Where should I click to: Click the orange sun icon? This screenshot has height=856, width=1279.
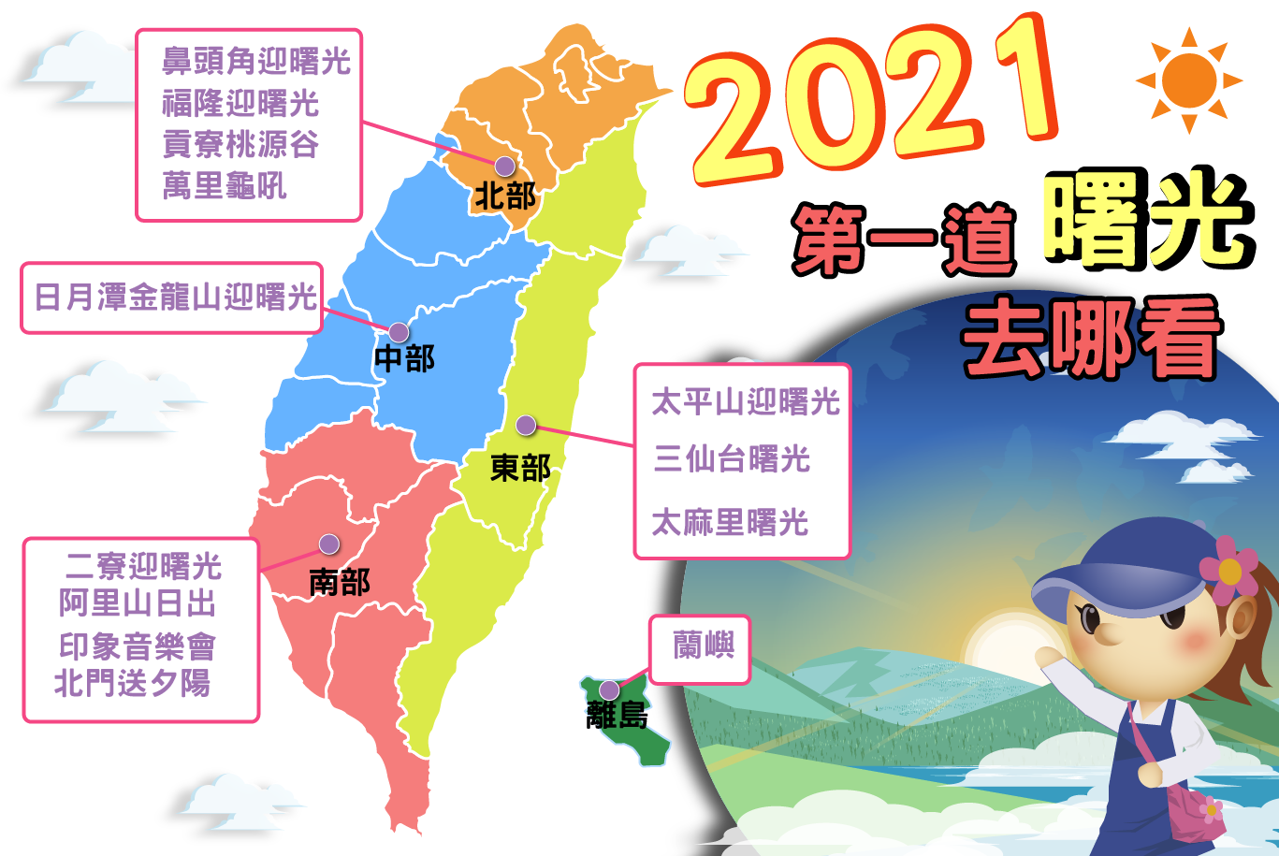[x=1189, y=80]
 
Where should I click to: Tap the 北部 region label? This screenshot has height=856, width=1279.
[x=506, y=196]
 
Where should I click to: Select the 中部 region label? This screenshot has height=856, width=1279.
[x=404, y=358]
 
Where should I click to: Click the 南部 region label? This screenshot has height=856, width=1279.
[x=340, y=582]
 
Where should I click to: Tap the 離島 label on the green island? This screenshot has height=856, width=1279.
[x=617, y=715]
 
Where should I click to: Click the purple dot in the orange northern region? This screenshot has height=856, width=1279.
[x=504, y=167]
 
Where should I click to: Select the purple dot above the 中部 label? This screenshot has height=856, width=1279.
[x=399, y=332]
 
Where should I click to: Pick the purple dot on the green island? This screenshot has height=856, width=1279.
[x=609, y=689]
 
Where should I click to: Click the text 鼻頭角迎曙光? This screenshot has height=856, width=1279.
[x=256, y=61]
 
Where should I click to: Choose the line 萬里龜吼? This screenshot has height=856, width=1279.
[x=225, y=185]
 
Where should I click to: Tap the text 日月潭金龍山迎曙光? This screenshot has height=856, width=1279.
[x=176, y=297]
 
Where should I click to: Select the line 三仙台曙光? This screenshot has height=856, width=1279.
[x=732, y=458]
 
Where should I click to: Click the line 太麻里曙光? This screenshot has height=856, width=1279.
[x=731, y=522]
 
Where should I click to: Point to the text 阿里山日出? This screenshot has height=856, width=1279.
[x=137, y=602]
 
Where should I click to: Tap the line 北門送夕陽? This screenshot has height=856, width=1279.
[x=133, y=682]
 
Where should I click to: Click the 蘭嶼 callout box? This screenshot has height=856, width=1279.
[x=700, y=649]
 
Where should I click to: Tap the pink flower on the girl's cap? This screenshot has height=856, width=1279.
[x=1228, y=570]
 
